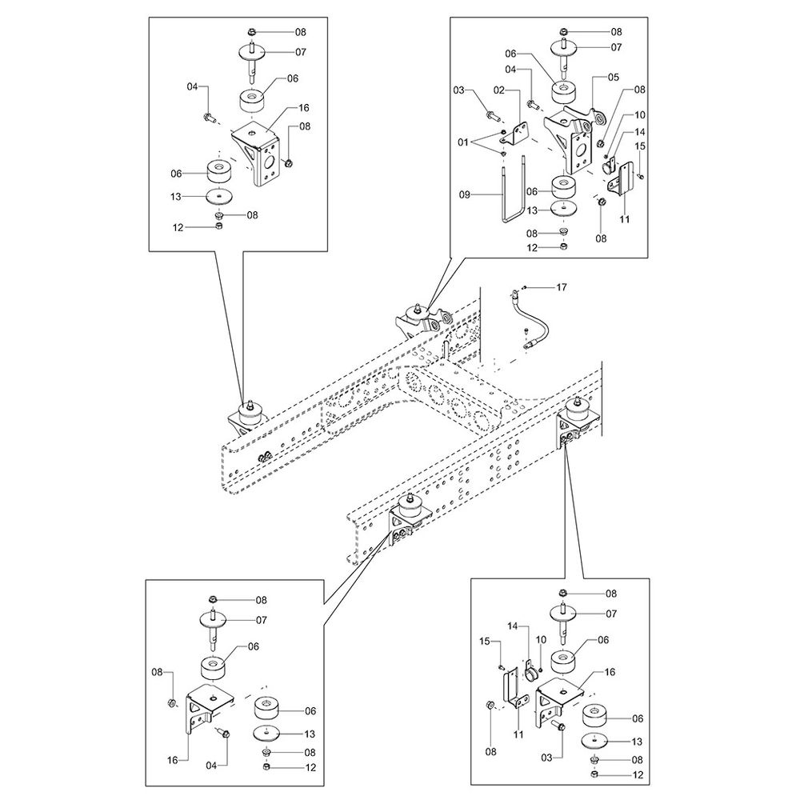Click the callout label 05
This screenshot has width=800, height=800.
tap(613, 78)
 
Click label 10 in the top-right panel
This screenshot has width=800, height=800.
tap(640, 115)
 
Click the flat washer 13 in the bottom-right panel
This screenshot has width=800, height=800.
tap(593, 741)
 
